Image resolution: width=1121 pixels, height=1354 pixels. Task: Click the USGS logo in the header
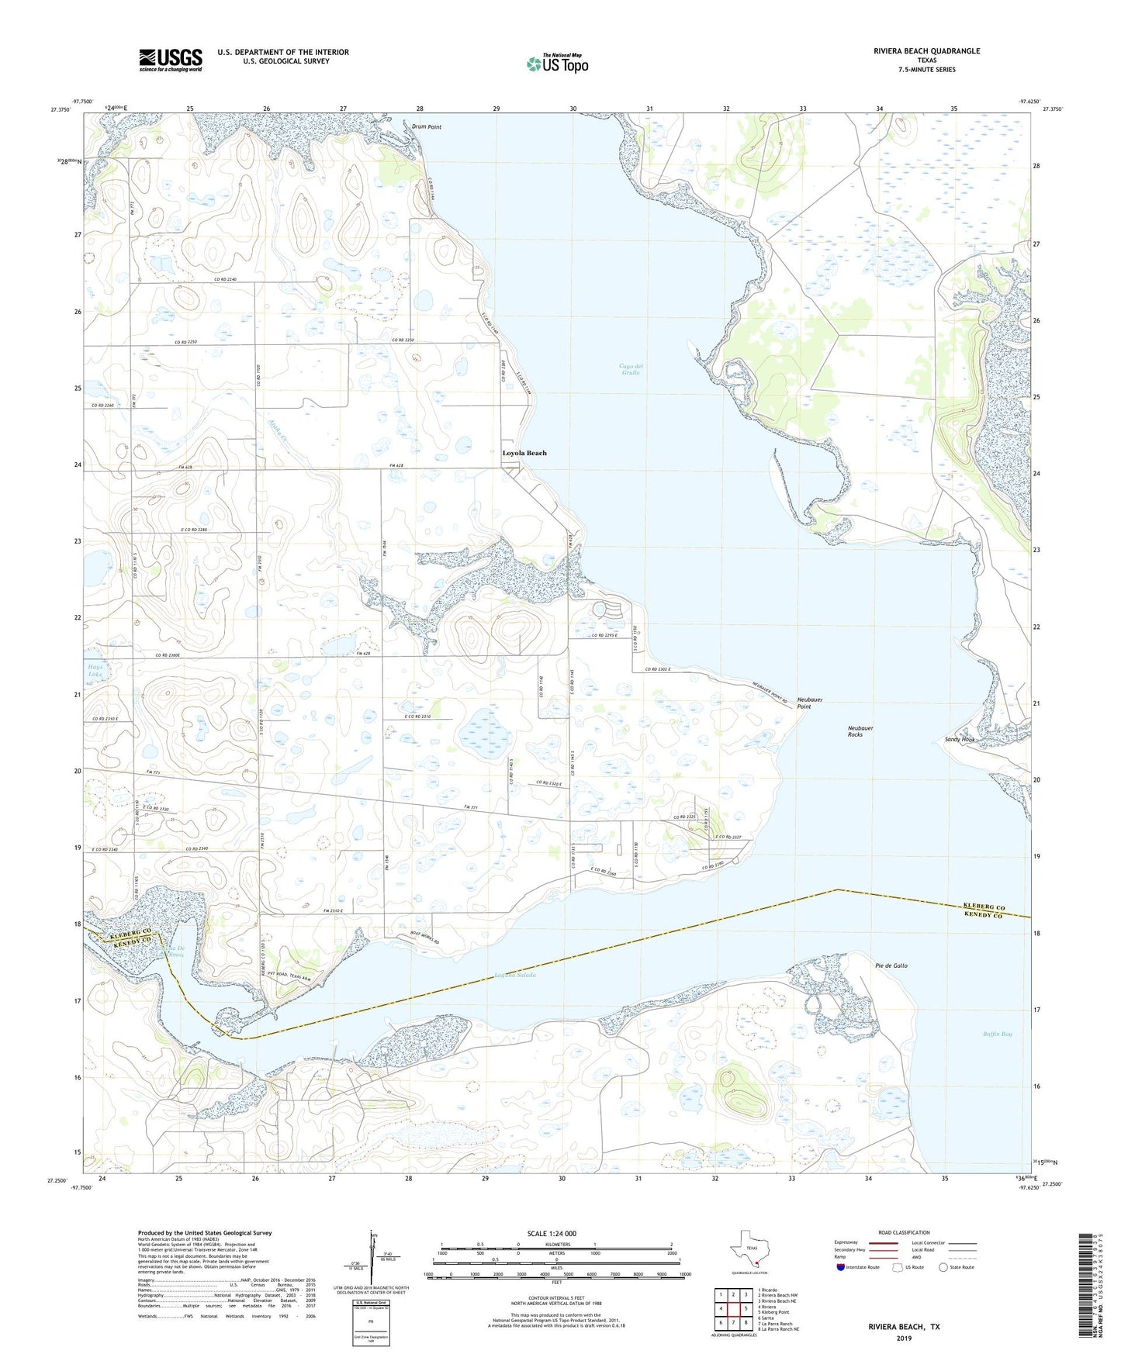tap(171, 60)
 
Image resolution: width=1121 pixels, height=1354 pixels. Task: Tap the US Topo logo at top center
tap(557, 62)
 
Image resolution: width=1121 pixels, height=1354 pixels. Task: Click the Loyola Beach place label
tap(524, 453)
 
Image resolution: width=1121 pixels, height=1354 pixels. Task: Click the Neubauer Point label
tap(810, 703)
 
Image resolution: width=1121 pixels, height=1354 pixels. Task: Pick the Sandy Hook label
tap(960, 739)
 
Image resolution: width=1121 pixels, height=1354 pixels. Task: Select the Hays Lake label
tap(95, 671)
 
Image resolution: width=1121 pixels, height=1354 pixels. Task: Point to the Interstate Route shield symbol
tap(842, 1267)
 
